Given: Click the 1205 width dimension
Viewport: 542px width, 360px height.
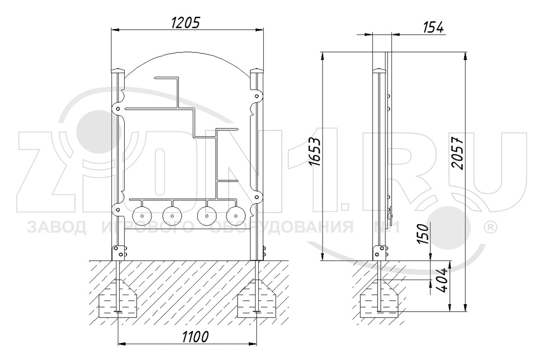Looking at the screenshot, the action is tap(186, 23).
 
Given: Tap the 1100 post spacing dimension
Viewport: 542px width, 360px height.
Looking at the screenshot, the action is tap(195, 337).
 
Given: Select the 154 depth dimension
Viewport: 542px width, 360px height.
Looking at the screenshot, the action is tap(433, 27).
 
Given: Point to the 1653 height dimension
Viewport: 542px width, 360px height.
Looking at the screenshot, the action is tap(315, 152).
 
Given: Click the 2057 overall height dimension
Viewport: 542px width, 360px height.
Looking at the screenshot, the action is tap(458, 154).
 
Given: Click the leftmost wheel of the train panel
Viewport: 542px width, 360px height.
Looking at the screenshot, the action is tap(142, 216).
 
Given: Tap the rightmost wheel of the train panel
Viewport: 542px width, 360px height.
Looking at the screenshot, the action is tap(236, 216).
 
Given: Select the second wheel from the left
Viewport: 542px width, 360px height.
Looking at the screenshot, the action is tap(172, 216).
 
